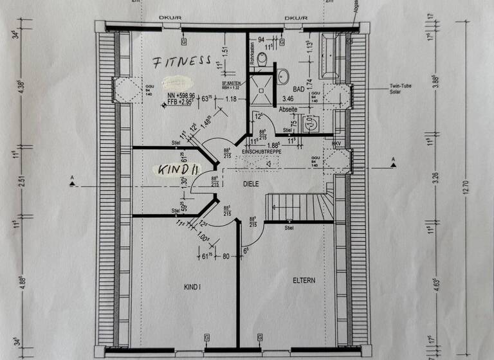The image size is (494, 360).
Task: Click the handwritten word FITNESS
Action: click(x=181, y=62)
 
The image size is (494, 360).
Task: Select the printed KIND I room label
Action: click(x=192, y=287)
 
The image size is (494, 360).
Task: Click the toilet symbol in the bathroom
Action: click(x=261, y=60)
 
